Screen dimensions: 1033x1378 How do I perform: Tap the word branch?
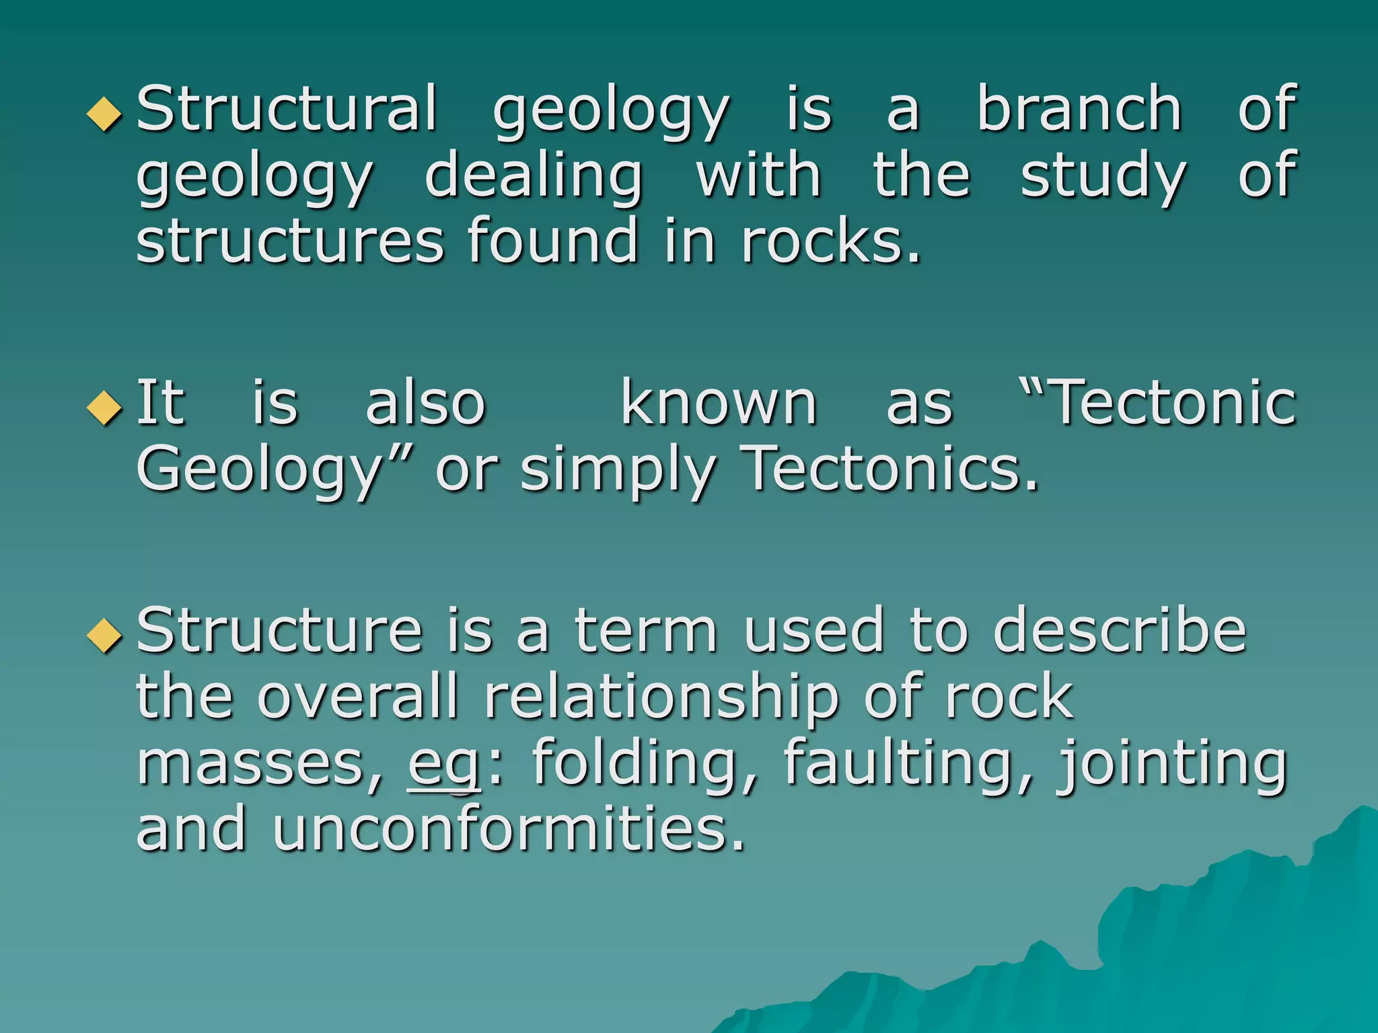click(x=1079, y=109)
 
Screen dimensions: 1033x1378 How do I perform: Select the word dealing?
click(x=534, y=176)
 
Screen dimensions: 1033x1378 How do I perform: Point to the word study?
click(x=1103, y=176)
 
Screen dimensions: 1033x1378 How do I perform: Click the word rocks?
click(x=830, y=241)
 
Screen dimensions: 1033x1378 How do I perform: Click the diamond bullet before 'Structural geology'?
click(x=105, y=113)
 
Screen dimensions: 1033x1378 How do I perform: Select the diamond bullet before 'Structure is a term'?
click(x=105, y=634)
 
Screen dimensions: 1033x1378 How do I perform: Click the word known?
click(x=719, y=404)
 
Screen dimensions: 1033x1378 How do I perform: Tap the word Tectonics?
click(x=890, y=469)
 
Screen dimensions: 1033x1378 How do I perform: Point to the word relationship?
click(x=661, y=697)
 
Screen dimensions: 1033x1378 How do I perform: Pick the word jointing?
click(x=1171, y=763)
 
